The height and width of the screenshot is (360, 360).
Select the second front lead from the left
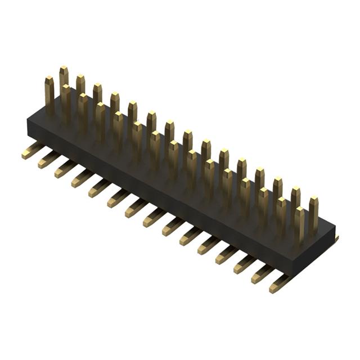pos(48,160)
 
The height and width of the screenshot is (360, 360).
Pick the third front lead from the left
pos(65,169)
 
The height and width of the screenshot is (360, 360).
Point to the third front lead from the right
pos(244,264)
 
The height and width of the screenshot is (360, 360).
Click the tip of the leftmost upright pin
pos(49,80)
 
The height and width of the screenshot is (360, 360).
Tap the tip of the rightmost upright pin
pos(313,200)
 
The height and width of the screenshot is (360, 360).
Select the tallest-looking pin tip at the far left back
pos(64,69)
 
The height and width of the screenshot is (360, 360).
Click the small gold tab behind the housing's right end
pos(336,239)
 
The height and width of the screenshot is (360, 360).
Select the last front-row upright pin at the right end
pos(299,225)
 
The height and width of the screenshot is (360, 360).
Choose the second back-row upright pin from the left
pos(80,84)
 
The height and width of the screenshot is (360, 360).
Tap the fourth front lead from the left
pos(82,178)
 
